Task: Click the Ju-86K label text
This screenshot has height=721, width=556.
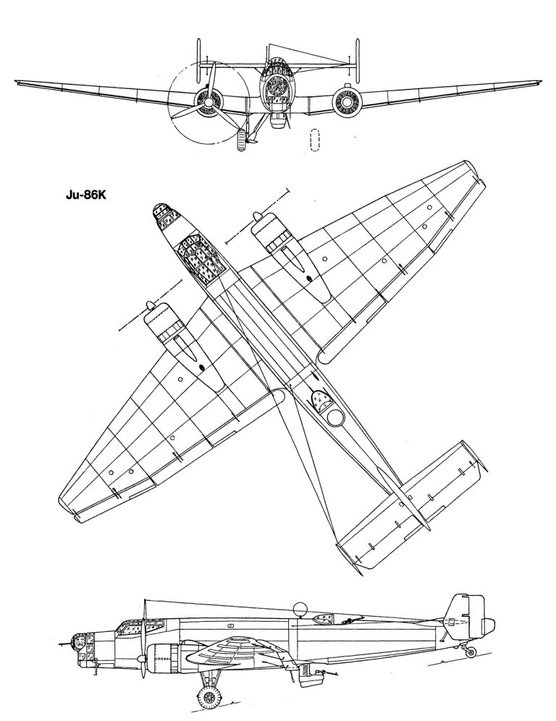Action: (85, 195)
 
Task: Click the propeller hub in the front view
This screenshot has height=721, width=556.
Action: (208, 101)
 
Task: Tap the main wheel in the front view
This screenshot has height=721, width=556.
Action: (240, 140)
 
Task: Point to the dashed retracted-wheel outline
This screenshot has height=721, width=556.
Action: (315, 140)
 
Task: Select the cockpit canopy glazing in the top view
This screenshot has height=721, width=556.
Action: (200, 259)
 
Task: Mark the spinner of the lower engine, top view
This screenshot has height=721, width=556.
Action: (150, 305)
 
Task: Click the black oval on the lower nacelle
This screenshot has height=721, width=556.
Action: (201, 367)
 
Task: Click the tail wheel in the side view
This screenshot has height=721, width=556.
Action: (472, 651)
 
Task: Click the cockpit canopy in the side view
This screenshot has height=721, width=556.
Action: (140, 627)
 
